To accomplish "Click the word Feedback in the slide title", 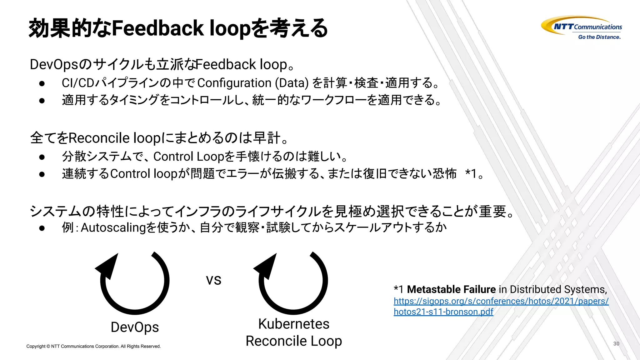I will pyautogui.click(x=158, y=28).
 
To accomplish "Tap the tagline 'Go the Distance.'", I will pyautogui.click(x=599, y=37).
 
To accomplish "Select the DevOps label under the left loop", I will pyautogui.click(x=135, y=327).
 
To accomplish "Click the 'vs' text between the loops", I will pyautogui.click(x=213, y=280).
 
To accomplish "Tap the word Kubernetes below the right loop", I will pyautogui.click(x=294, y=324).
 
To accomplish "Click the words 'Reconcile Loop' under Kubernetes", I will pyautogui.click(x=294, y=341).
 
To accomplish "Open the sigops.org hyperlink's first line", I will pyautogui.click(x=501, y=301).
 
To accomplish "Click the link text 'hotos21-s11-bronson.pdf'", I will pyautogui.click(x=443, y=312).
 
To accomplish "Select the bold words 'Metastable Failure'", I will pyautogui.click(x=451, y=289).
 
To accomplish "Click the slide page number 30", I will pyautogui.click(x=616, y=343).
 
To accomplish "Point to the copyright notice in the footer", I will pyautogui.click(x=93, y=346).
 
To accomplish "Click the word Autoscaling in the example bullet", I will pyautogui.click(x=113, y=227).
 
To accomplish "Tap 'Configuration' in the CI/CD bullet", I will pyautogui.click(x=234, y=83).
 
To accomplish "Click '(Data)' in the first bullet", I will pyautogui.click(x=292, y=83).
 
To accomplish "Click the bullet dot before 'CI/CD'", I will pyautogui.click(x=42, y=83).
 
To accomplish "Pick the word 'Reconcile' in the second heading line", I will pyautogui.click(x=99, y=138).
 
